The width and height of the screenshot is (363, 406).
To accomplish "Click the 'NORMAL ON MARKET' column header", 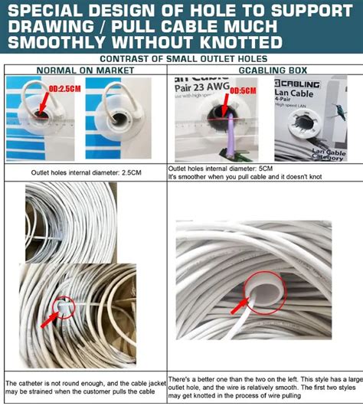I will pos(86,70).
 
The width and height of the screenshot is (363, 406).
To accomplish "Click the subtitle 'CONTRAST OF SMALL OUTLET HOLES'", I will pos(181,58).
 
